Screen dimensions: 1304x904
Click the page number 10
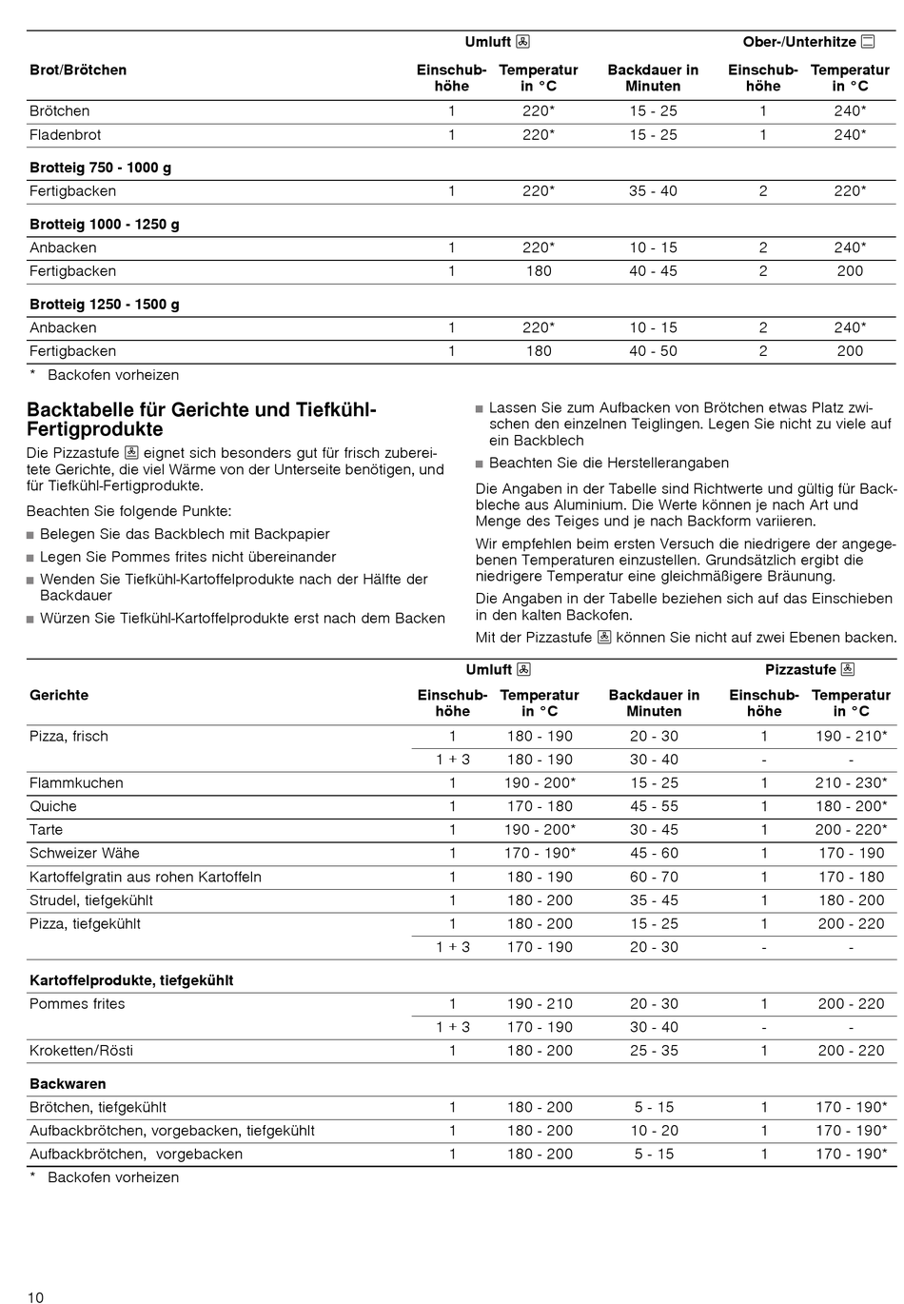point(35,1296)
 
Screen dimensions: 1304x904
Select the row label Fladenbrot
point(65,135)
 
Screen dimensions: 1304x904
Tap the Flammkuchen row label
point(76,783)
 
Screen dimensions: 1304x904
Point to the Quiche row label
point(53,806)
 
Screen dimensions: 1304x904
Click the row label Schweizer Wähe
point(85,853)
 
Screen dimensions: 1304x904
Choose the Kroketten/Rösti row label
point(81,1051)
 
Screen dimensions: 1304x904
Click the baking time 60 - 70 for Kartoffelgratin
point(654,877)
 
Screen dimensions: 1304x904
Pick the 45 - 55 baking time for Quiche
point(654,806)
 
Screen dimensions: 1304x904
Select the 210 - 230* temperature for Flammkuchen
point(851,783)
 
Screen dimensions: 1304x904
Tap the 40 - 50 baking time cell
point(653,351)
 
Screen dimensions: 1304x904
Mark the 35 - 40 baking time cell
point(653,191)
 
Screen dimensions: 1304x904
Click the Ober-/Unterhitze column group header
point(808,42)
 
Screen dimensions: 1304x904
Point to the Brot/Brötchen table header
point(78,69)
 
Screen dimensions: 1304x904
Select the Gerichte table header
point(59,695)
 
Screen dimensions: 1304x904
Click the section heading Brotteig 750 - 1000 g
point(100,168)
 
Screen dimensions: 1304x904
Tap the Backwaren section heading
point(68,1083)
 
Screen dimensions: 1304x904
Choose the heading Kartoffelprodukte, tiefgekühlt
point(131,980)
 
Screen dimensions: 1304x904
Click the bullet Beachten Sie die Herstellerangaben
point(608,463)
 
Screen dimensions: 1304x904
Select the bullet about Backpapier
point(185,534)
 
